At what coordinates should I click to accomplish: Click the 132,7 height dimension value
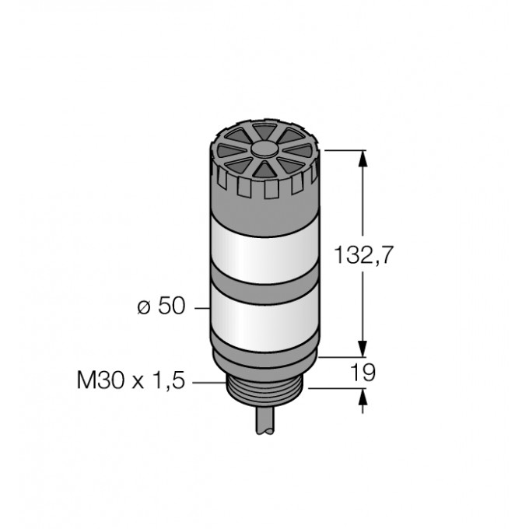pos(363,255)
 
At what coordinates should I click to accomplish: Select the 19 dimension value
pos(363,373)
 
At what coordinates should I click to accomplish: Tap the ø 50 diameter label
pos(162,306)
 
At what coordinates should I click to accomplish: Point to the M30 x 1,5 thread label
pos(131,380)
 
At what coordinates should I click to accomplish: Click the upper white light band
pos(264,254)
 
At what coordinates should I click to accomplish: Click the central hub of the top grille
pos(264,149)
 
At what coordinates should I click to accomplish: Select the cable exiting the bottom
pos(265,421)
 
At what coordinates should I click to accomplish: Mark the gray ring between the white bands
pos(264,287)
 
